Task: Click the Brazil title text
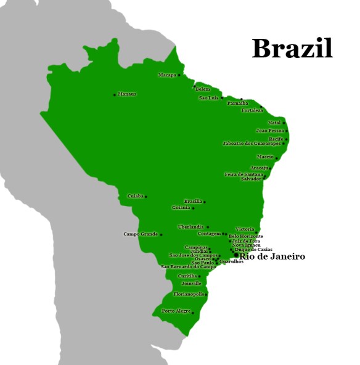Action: pos(292,49)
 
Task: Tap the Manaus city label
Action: pos(126,94)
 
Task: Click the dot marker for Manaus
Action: pos(115,95)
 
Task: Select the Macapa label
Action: pos(167,75)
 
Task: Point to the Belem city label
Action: pos(203,89)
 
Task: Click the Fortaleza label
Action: pos(252,110)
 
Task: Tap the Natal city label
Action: pos(274,123)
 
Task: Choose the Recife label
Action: pos(276,139)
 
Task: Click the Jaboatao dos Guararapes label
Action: pos(252,144)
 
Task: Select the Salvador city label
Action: pos(251,179)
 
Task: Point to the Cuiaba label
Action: pos(135,196)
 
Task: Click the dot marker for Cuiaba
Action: pos(146,197)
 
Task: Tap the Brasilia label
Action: pos(193,202)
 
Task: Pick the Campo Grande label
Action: pos(141,234)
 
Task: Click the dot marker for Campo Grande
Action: pos(161,235)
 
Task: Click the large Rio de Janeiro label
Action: pos(272,256)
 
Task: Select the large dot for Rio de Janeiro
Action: pos(236,255)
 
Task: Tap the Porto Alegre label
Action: pos(176,311)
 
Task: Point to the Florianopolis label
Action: pos(189,295)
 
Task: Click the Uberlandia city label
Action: pos(190,227)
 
